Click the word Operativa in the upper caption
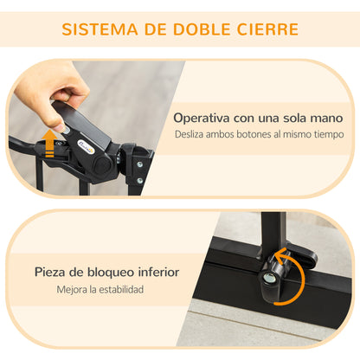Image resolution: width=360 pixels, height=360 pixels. coord(203,117)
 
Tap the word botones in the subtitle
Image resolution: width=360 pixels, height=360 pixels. coord(258,134)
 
